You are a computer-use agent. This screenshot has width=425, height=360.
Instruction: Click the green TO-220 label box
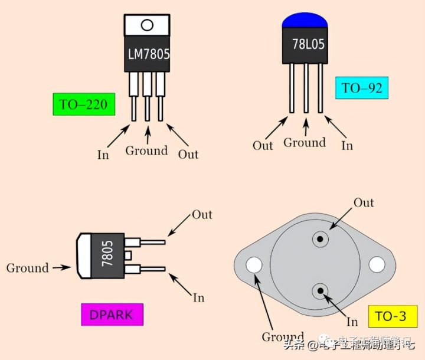(x=83, y=105)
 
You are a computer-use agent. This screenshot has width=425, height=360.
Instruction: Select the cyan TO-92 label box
(x=362, y=89)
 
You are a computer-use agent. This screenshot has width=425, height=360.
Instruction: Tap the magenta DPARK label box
(x=112, y=315)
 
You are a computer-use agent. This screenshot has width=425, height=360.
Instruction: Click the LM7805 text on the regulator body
(x=149, y=54)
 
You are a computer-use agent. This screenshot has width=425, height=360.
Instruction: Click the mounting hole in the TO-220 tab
(x=147, y=25)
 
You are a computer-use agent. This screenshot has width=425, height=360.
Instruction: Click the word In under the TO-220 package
(x=103, y=155)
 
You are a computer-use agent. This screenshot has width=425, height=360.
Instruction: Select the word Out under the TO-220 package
(x=188, y=155)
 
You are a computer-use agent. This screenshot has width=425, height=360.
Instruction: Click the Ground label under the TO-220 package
(x=146, y=151)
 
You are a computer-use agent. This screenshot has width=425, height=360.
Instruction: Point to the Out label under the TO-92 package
(x=263, y=145)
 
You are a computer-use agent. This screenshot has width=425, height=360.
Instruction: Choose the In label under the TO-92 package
(x=348, y=145)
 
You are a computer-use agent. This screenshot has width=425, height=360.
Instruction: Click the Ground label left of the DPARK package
(x=27, y=268)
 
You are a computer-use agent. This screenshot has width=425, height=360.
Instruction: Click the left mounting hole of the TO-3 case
(x=255, y=265)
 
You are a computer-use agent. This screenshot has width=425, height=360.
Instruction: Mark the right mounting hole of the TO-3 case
(x=377, y=265)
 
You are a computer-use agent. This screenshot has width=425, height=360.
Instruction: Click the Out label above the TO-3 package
(x=364, y=203)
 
